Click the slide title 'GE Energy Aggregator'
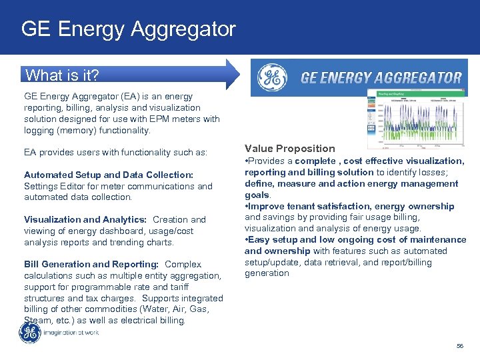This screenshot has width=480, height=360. pos(128,29)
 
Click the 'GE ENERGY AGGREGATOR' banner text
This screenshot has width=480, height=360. pos(381,78)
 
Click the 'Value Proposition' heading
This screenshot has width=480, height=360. pos(289,149)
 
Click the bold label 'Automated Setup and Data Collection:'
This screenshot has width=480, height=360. pos(108,175)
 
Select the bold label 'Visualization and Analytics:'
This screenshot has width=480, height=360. pos(85,219)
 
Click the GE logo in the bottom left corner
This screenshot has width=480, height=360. pos(29,333)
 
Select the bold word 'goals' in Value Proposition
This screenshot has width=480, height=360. pos(257,195)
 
